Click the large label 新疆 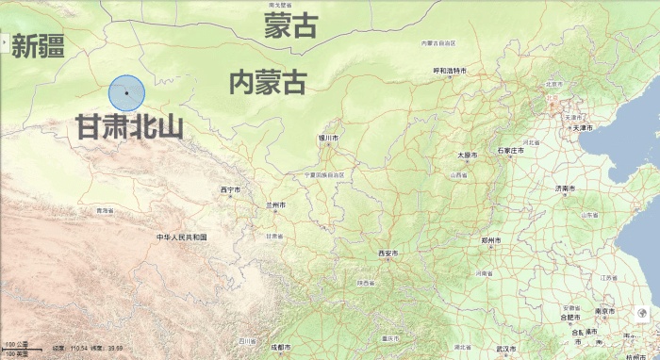[37, 45]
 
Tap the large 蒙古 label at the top [290, 26]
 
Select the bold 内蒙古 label [269, 83]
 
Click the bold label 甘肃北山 [128, 128]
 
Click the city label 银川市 [328, 138]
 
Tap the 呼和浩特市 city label [451, 71]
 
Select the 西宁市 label [230, 189]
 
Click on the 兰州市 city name [275, 205]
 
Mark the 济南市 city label [564, 188]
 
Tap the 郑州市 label [489, 240]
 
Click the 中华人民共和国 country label [181, 237]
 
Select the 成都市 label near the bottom [280, 347]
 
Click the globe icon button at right [641, 315]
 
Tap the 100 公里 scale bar [17, 347]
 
